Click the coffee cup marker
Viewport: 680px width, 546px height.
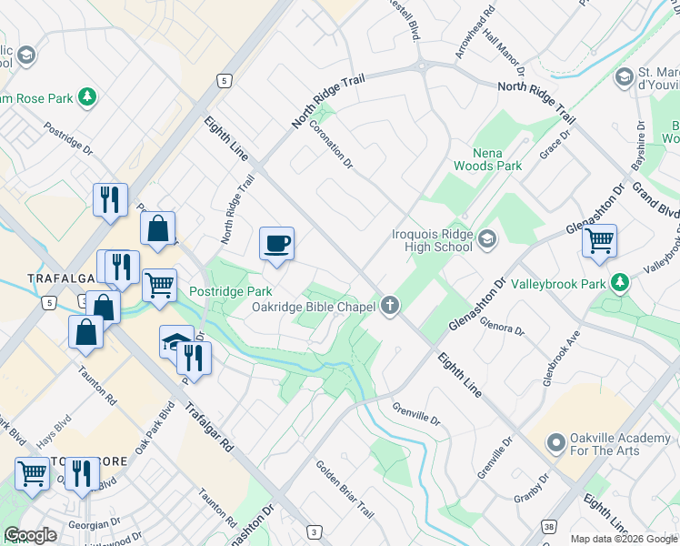pyautogui.click(x=277, y=244)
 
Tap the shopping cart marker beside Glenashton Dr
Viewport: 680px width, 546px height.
pyautogui.click(x=599, y=242)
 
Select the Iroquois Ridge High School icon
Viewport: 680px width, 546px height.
pyautogui.click(x=488, y=239)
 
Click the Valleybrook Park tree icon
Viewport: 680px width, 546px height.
pyautogui.click(x=619, y=284)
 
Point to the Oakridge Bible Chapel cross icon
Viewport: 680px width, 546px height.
pyautogui.click(x=391, y=306)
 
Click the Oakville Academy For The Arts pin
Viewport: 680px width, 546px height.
pyautogui.click(x=555, y=443)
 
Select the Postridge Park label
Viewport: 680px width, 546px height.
pyautogui.click(x=231, y=291)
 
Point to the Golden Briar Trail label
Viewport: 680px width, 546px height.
pyautogui.click(x=345, y=490)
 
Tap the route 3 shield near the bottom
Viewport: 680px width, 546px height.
pyautogui.click(x=314, y=531)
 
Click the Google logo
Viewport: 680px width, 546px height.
pyautogui.click(x=30, y=535)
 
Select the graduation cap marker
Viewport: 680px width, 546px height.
pyautogui.click(x=176, y=342)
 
